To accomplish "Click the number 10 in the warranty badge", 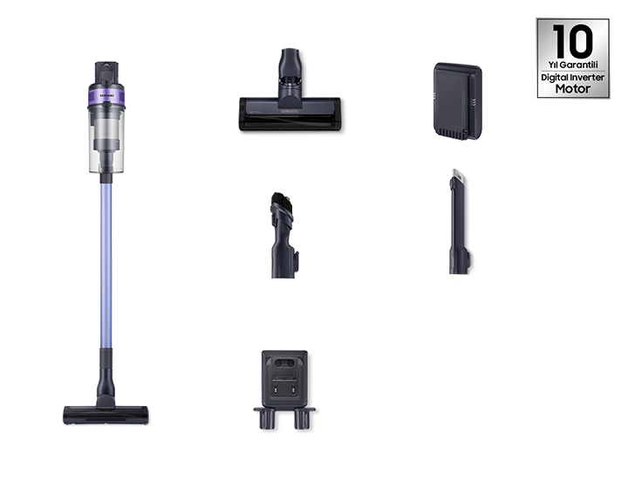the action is tap(572, 41).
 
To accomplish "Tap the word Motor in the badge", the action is tap(573, 89).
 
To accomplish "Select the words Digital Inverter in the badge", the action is tap(573, 77).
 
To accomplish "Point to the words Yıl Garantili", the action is tap(573, 65).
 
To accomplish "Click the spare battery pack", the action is tap(457, 101).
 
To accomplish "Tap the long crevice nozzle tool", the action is tap(459, 222).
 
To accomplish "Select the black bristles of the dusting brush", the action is tap(282, 203).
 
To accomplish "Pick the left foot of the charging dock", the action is tap(267, 419).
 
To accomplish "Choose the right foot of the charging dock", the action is tap(303, 419).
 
